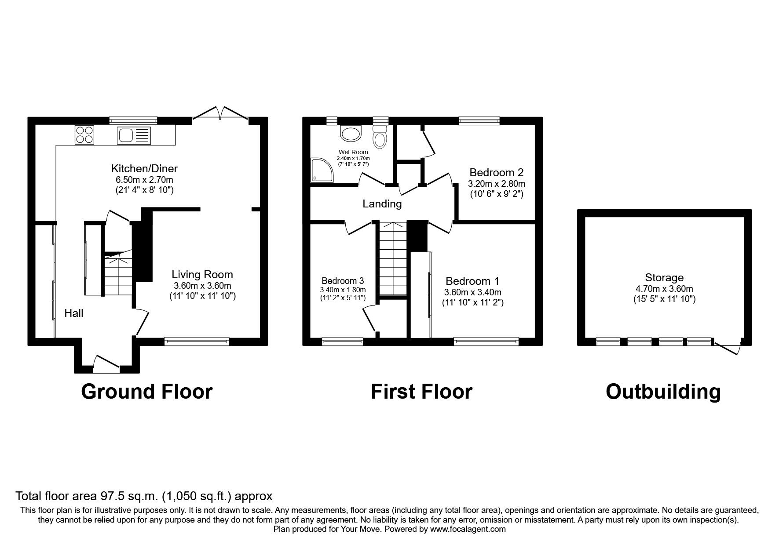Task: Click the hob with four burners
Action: coord(84,135)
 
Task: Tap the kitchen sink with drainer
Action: coord(134,135)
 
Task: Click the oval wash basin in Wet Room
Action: coord(351,134)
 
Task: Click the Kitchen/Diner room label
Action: coord(144,168)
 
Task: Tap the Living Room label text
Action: coord(202,275)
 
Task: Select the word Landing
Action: coord(382,204)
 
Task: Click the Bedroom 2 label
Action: coord(496,172)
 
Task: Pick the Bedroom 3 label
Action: coord(343,281)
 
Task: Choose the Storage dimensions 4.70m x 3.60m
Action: coord(664,289)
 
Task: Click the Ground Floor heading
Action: coord(146,391)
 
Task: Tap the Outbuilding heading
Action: coord(663,391)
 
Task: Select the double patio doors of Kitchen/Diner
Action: coord(220,113)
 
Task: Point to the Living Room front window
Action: coord(197,341)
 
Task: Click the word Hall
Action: coord(73,313)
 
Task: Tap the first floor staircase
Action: coord(393,259)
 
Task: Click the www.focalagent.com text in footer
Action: coord(468,529)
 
